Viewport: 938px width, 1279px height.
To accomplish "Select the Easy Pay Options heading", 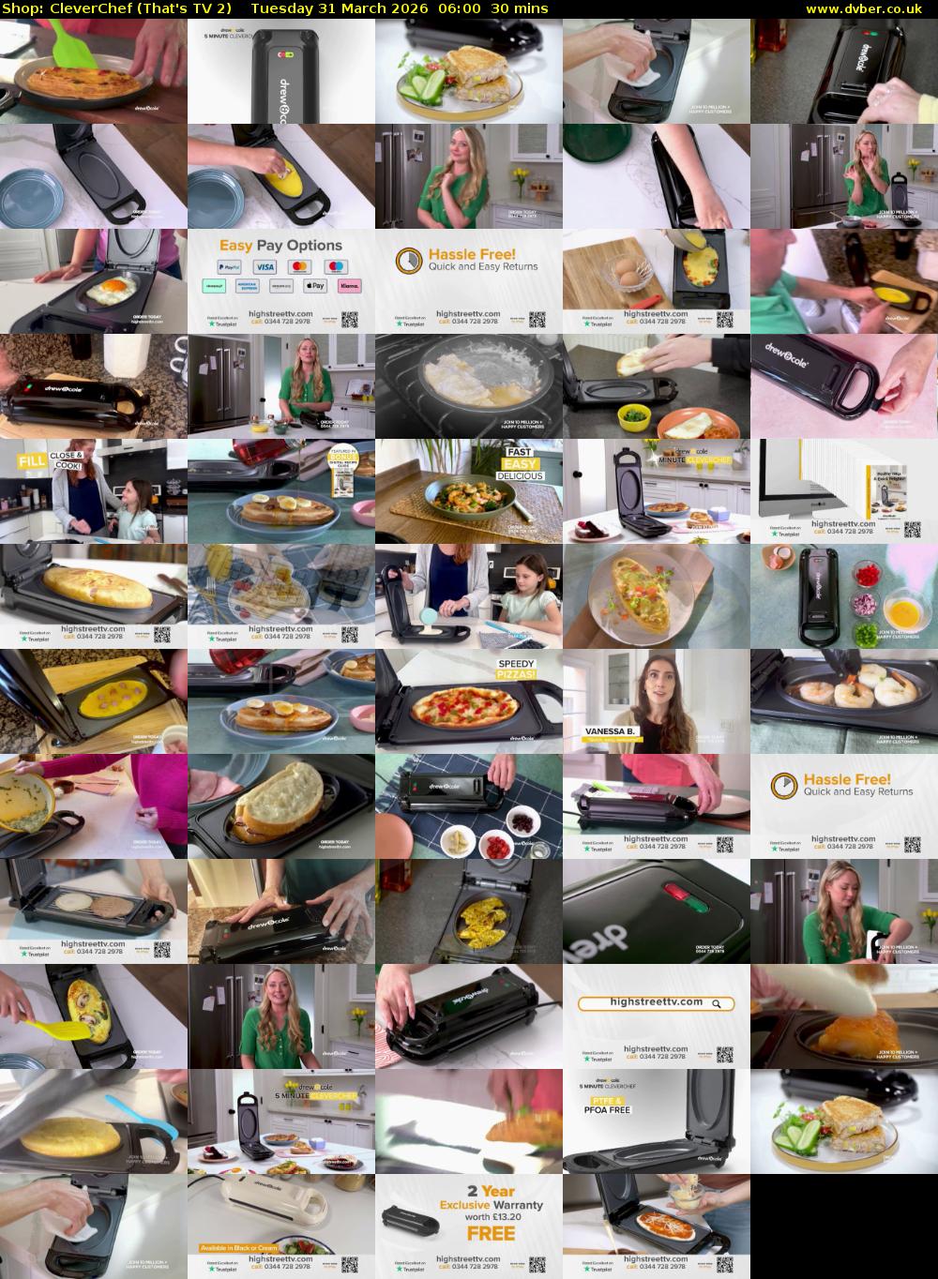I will coord(280,246).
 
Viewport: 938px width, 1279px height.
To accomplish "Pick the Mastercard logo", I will coord(300,267).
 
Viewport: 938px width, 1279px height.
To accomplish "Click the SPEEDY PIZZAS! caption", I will coord(517,670).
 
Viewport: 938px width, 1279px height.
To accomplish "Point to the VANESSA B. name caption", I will coord(611,730).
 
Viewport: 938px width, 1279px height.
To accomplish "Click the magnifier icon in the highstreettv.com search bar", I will coord(717,1003).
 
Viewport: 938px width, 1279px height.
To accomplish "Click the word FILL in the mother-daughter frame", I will coord(33,460).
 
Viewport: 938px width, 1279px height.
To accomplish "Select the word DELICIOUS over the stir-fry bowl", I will coord(521,475).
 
